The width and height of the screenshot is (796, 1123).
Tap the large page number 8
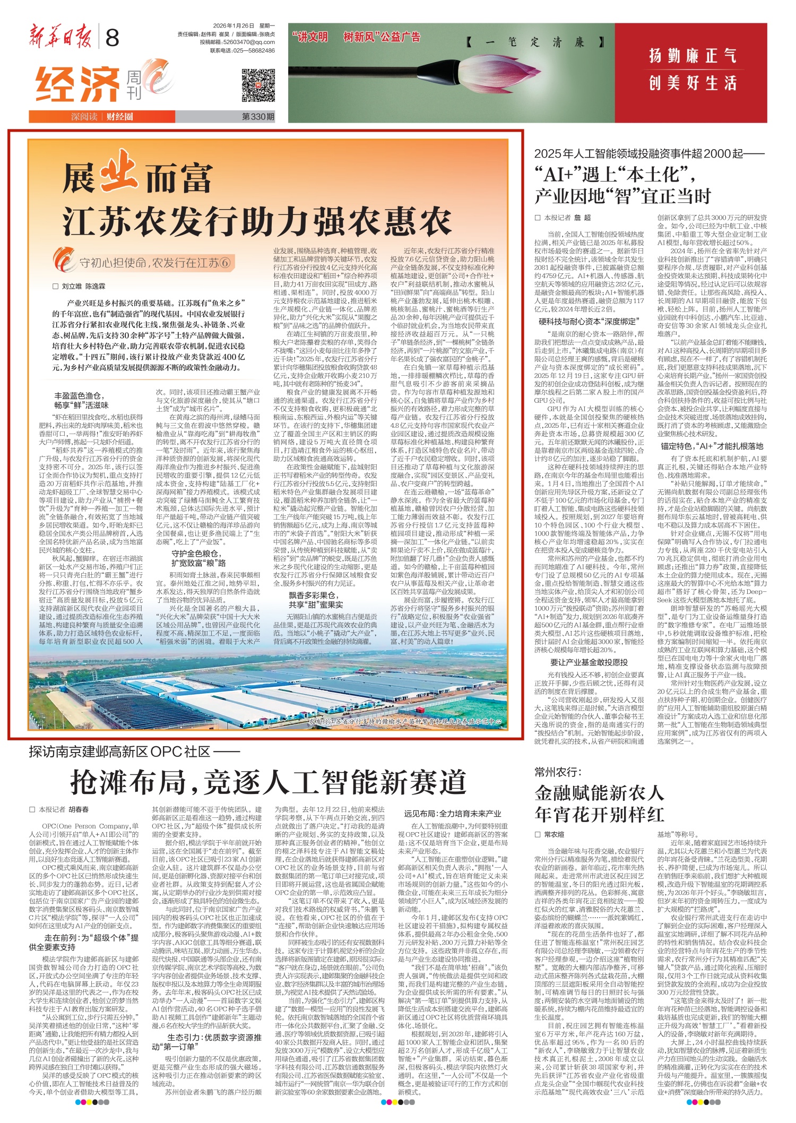point(113,39)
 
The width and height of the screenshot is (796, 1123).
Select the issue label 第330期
point(258,117)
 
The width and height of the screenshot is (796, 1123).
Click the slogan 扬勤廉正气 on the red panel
point(692,56)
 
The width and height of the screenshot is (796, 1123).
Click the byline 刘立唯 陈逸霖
point(83,286)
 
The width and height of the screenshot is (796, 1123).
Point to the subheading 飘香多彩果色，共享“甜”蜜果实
point(316,600)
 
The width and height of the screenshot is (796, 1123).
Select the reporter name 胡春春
point(79,809)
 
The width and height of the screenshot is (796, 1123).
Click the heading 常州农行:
point(558,772)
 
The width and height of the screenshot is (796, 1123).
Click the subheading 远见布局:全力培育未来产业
point(452,814)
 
